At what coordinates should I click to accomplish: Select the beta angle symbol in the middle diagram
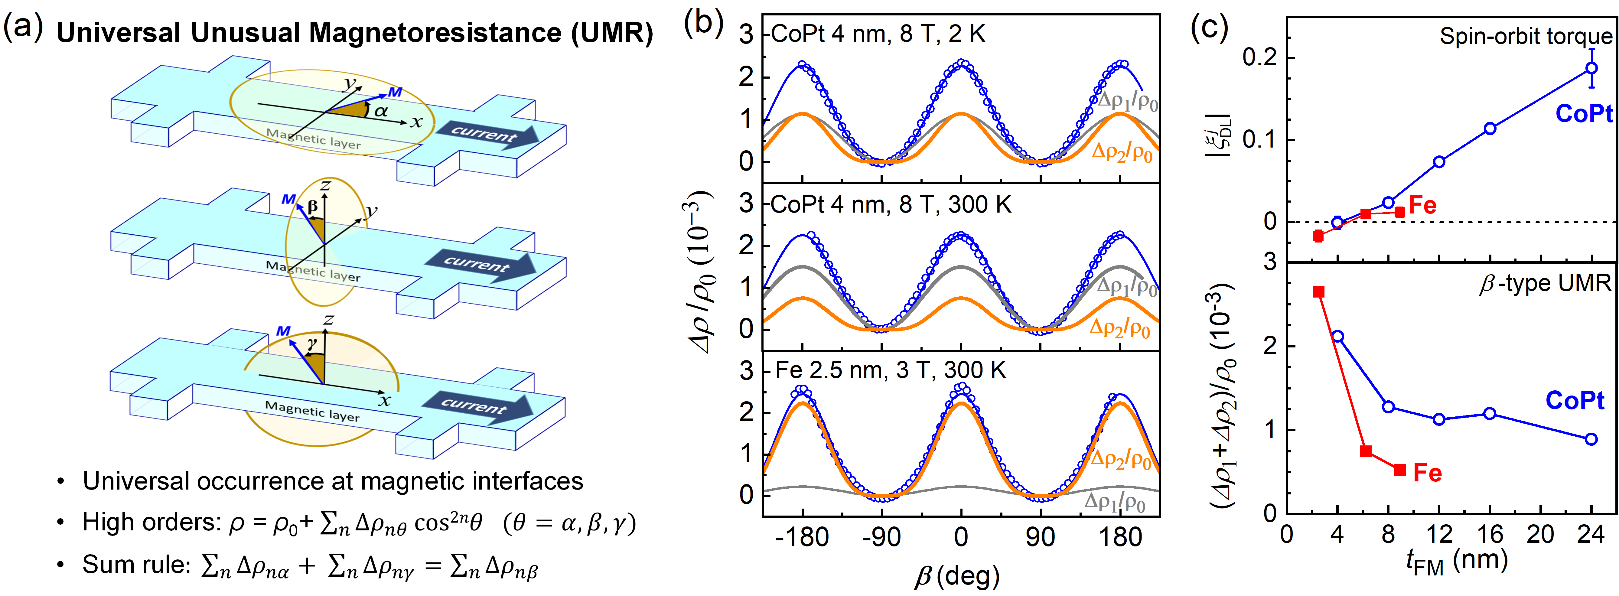pos(312,206)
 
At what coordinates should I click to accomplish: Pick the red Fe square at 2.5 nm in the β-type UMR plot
pos(1319,292)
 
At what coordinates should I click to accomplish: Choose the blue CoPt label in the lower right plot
pos(1574,400)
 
